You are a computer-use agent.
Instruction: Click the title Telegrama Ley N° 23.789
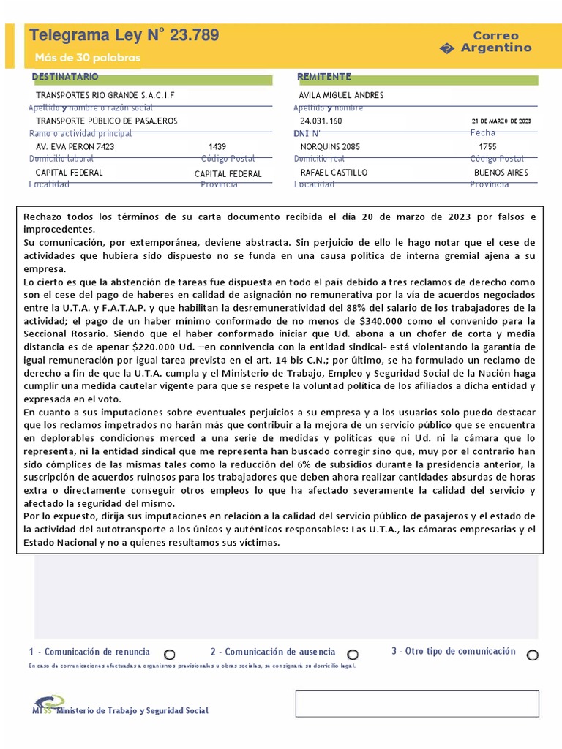point(123,35)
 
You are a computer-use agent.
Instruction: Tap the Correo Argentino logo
point(486,42)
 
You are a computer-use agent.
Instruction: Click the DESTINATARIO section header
point(65,77)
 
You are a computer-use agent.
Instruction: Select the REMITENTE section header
point(324,77)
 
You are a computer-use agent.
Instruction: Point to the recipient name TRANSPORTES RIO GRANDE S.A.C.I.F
point(105,95)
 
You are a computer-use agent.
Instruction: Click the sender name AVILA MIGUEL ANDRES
point(341,95)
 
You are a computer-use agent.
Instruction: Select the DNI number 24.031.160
point(321,121)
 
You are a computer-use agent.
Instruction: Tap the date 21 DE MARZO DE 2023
point(501,121)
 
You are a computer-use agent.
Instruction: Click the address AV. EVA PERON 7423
point(75,146)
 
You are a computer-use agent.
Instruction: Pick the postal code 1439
point(217,146)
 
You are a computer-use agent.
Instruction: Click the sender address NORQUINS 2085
point(330,146)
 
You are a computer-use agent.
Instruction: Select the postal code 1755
point(487,146)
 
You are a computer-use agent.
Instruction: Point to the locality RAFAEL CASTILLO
point(334,173)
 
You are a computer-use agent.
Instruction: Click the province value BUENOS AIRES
point(501,173)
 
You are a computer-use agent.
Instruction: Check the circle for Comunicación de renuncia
point(169,654)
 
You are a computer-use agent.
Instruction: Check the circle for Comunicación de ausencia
point(352,654)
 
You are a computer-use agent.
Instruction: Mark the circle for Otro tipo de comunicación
point(532,654)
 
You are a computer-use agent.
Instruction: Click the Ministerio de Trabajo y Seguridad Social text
point(132,710)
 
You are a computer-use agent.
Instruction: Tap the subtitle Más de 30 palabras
point(87,58)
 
